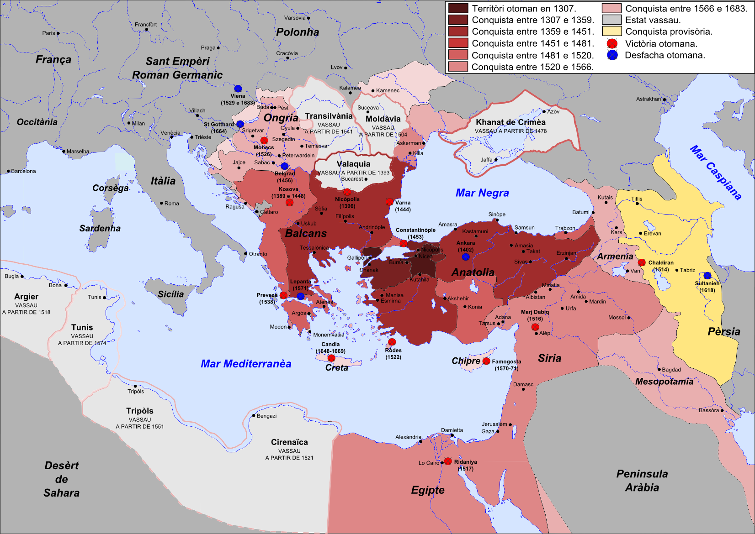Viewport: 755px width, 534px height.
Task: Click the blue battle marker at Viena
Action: coord(238,89)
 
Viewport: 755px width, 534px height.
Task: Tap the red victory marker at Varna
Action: coord(389,202)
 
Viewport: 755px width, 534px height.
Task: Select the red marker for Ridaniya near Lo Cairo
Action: coord(448,461)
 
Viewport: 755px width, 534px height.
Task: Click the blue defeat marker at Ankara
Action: coord(466,257)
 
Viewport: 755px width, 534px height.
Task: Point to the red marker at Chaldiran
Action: coord(642,262)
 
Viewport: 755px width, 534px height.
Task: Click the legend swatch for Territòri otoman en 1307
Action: coord(458,8)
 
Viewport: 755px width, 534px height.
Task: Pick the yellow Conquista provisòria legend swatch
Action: coord(611,31)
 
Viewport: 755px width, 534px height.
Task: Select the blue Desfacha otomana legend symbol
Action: coord(612,55)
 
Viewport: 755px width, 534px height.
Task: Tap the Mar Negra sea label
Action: coord(482,193)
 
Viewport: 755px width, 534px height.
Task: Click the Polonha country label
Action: coord(298,32)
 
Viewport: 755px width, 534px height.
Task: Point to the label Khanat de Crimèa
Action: coord(510,122)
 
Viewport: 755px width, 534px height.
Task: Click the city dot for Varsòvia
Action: coord(308,18)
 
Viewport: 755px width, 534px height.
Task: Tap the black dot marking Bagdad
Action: coord(659,370)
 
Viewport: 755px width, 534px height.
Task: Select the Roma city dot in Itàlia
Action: coord(161,203)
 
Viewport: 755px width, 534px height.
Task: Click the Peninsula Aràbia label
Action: coord(642,481)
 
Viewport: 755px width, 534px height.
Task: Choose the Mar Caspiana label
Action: coord(715,173)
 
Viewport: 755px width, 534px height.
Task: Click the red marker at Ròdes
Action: coord(392,342)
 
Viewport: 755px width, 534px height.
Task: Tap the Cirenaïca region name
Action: coord(289,442)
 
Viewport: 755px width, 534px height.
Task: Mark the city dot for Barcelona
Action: coord(8,171)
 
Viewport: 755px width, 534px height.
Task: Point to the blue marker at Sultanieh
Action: coord(707,276)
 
